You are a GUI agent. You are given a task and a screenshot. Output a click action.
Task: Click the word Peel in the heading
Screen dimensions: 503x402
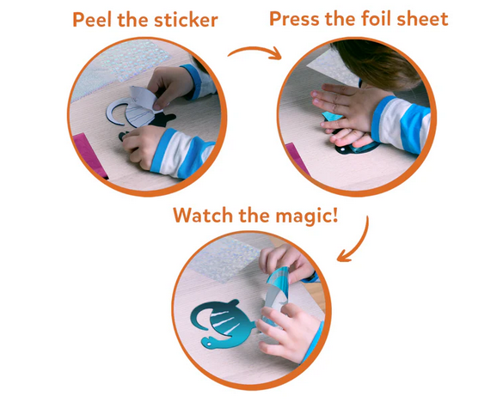click(x=93, y=20)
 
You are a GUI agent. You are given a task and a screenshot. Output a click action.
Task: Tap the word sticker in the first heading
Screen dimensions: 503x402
click(x=186, y=20)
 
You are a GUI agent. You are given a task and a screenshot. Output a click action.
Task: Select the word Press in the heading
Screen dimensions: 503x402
click(x=294, y=19)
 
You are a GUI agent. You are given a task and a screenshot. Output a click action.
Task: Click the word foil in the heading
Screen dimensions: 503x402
click(x=376, y=19)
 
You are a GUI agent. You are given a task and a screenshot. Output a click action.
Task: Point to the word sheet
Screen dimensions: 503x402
click(x=422, y=19)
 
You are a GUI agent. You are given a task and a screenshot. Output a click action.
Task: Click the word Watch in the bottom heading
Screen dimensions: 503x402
click(x=203, y=215)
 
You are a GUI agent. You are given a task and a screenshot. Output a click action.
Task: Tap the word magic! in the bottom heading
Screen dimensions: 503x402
click(x=307, y=216)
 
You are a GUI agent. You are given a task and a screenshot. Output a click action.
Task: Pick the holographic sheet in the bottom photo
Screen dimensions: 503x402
click(x=224, y=259)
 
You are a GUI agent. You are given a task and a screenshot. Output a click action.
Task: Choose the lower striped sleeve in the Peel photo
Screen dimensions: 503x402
click(x=183, y=154)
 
